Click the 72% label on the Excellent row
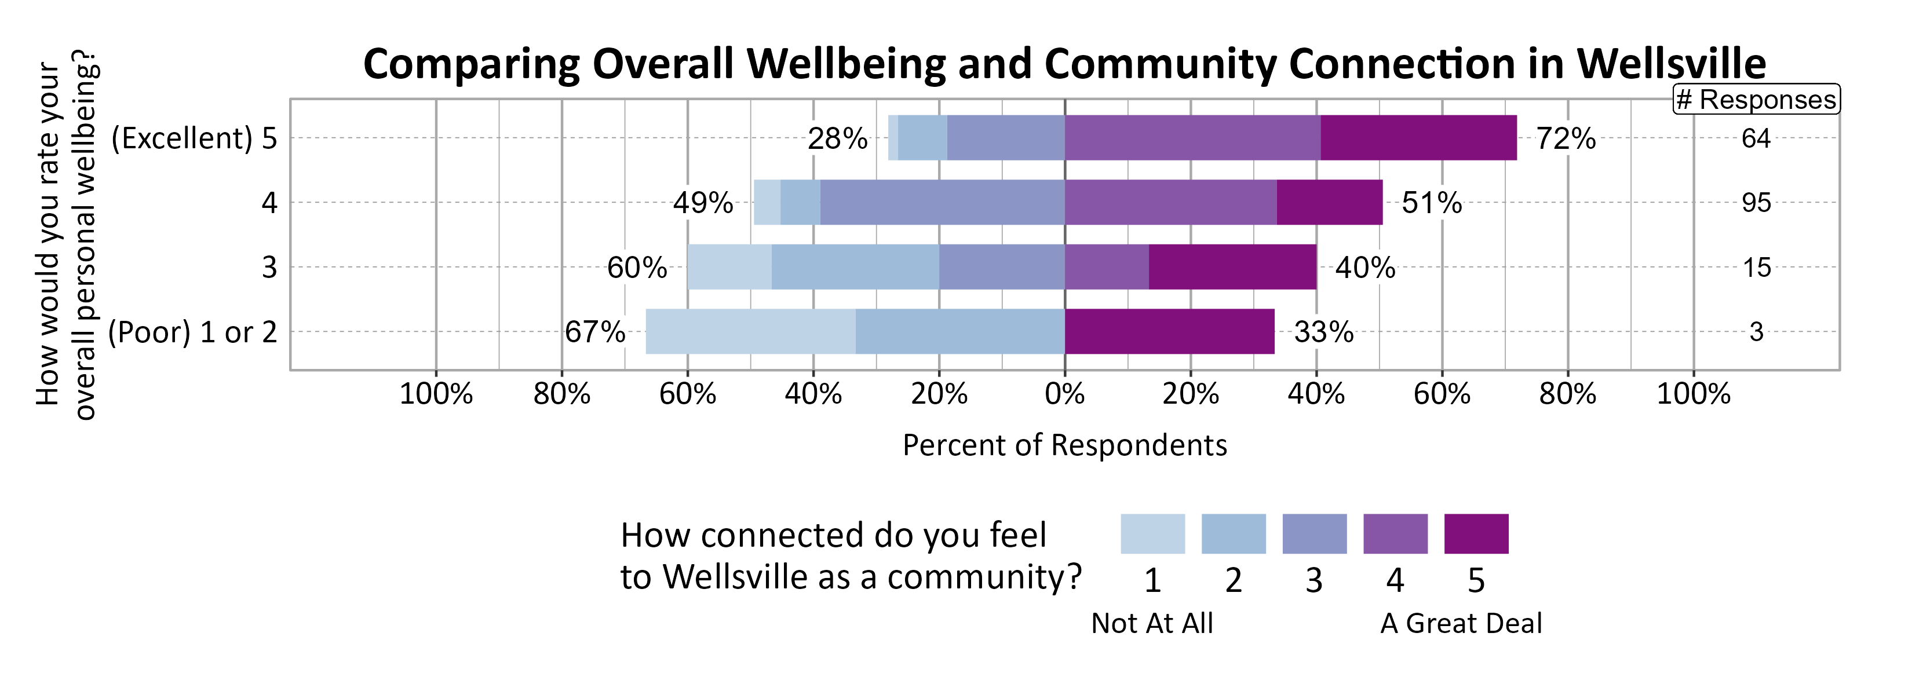[1566, 138]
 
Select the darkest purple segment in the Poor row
[1169, 331]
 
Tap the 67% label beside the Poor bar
[594, 331]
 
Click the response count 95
[1756, 203]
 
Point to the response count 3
[1756, 331]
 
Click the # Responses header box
[1756, 100]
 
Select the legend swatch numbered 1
[1152, 533]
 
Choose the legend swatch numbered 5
[1476, 533]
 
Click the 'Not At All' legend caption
[1152, 623]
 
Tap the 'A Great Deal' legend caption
[1461, 623]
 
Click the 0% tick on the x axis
[1064, 394]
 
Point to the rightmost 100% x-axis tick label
[1693, 394]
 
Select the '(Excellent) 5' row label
[194, 138]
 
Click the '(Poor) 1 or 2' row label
[192, 331]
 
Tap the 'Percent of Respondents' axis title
[1064, 445]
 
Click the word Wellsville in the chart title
[1671, 64]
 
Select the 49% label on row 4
[702, 203]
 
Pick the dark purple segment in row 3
[1232, 267]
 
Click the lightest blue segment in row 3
[729, 267]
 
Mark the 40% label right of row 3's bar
[1365, 267]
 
